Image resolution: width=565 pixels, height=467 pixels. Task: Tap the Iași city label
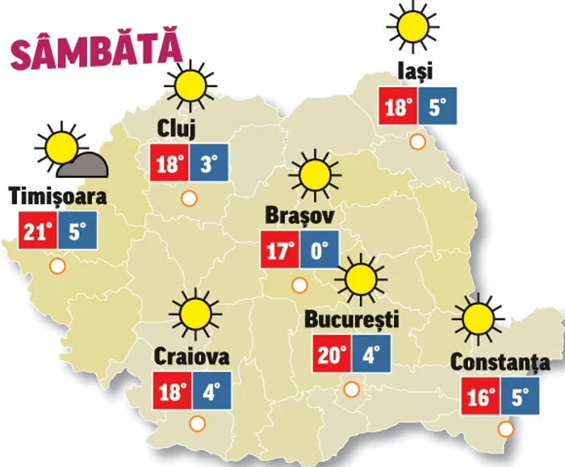415,71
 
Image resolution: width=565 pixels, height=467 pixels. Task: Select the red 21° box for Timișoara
36,232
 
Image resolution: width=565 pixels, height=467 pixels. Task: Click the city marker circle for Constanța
505,429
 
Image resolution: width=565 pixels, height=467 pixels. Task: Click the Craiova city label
192,356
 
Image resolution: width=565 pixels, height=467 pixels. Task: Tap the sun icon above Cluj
191,86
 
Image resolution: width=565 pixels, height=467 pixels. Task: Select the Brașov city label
299,217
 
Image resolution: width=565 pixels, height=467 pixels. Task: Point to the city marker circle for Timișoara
57,265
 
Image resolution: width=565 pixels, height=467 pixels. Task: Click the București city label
352,319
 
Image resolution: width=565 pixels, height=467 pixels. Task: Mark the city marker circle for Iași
417,142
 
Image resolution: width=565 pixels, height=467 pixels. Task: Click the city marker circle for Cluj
190,197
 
